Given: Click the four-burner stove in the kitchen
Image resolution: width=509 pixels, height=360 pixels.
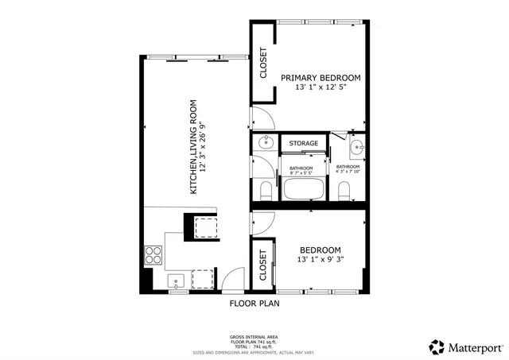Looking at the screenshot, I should click(153, 256).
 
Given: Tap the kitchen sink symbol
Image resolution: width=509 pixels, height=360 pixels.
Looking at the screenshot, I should click(176, 280).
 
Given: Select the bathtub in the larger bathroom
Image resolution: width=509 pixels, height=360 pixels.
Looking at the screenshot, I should click(302, 189).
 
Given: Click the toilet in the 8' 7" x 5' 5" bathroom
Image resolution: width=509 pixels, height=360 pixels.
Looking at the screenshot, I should click(265, 190).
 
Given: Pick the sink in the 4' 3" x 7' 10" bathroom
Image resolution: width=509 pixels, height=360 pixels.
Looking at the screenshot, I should click(356, 146).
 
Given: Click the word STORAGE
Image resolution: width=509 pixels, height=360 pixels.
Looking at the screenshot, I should click(303, 143).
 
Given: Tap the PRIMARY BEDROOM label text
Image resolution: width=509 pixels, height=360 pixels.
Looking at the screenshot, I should click(321, 78).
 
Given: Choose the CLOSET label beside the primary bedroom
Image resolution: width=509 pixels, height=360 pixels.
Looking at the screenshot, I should click(263, 64).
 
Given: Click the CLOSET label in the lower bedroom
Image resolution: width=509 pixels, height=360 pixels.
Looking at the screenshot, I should click(262, 266).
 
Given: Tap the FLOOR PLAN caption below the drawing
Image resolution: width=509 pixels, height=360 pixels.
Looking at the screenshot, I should click(254, 304).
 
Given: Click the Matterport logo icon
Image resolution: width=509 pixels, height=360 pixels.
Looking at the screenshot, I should click(437, 346).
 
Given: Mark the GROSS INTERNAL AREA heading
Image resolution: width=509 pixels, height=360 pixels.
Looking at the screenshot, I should click(254, 337).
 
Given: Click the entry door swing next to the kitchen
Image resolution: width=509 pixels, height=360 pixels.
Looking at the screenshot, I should click(232, 280).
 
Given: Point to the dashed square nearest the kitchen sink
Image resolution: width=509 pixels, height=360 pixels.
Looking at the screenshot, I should click(203, 278).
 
